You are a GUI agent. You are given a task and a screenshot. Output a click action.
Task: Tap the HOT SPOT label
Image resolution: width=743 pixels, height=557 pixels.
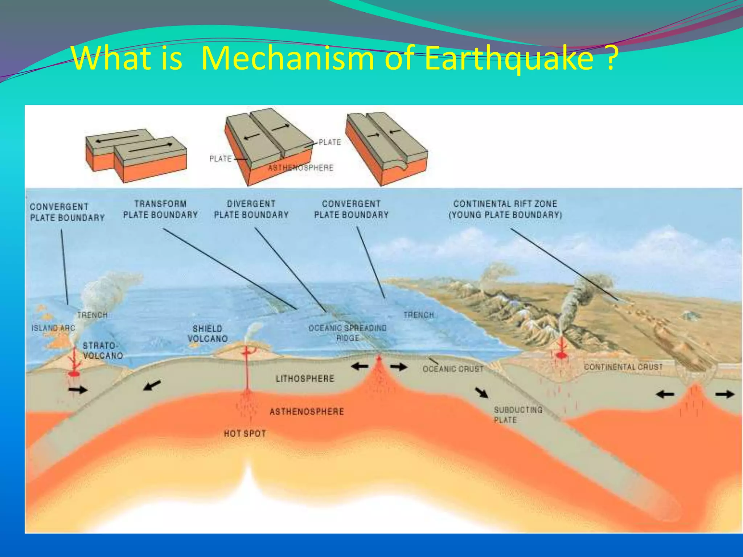(x=245, y=433)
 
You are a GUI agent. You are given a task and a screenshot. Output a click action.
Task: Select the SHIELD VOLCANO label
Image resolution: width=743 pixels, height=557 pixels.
(x=208, y=334)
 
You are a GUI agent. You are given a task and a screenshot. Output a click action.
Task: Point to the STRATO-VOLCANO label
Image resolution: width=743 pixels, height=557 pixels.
(x=102, y=351)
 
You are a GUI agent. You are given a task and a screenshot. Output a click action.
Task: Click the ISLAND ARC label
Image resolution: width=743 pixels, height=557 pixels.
(x=53, y=328)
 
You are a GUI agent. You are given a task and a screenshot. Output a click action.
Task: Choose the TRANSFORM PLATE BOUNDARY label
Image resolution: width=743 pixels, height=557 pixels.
(x=160, y=209)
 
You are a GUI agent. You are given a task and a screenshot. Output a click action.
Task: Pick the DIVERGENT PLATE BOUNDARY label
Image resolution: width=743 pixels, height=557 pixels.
(x=251, y=209)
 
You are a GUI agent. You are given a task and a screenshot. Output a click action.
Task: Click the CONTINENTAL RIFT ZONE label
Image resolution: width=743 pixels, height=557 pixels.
(x=505, y=209)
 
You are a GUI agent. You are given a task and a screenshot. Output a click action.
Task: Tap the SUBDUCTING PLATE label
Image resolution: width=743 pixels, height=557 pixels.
(x=517, y=415)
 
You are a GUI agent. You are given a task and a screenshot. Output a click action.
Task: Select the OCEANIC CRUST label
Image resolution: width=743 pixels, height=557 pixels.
(x=453, y=369)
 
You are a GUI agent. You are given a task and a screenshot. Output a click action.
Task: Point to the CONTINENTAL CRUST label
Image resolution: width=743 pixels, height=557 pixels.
(x=623, y=367)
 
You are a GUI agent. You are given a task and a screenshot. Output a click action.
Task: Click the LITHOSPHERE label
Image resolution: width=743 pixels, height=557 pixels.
(x=305, y=379)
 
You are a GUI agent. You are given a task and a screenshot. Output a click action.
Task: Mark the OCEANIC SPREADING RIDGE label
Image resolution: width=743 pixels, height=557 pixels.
(x=348, y=333)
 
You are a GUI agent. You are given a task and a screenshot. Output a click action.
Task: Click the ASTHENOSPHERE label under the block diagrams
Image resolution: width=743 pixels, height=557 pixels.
(x=300, y=168)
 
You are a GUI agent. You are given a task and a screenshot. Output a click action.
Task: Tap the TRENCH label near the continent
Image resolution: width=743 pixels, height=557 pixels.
(x=419, y=315)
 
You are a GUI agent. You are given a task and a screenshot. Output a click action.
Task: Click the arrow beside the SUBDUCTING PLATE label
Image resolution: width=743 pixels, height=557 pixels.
(x=482, y=392)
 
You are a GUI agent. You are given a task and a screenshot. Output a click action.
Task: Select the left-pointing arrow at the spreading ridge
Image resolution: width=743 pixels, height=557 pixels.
(x=360, y=367)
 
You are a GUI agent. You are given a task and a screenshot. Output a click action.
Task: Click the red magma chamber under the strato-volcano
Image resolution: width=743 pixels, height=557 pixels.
(x=74, y=374)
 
